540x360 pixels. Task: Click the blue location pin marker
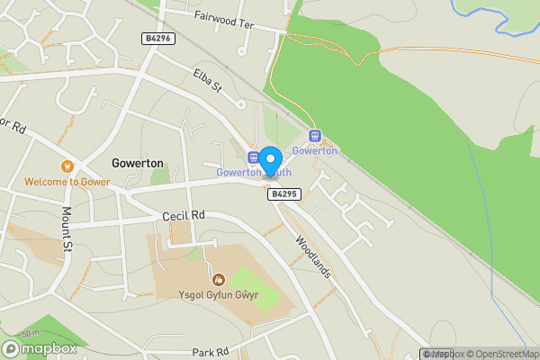[270, 159]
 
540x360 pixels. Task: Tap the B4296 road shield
[157, 39]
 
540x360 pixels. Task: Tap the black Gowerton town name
[138, 163]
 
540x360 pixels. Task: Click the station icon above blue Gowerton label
[315, 136]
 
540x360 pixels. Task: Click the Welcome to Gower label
[67, 182]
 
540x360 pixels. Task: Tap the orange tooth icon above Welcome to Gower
[67, 166]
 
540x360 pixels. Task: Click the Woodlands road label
[313, 256]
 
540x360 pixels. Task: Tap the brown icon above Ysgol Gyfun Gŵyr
[216, 276]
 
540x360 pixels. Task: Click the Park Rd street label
[211, 352]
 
